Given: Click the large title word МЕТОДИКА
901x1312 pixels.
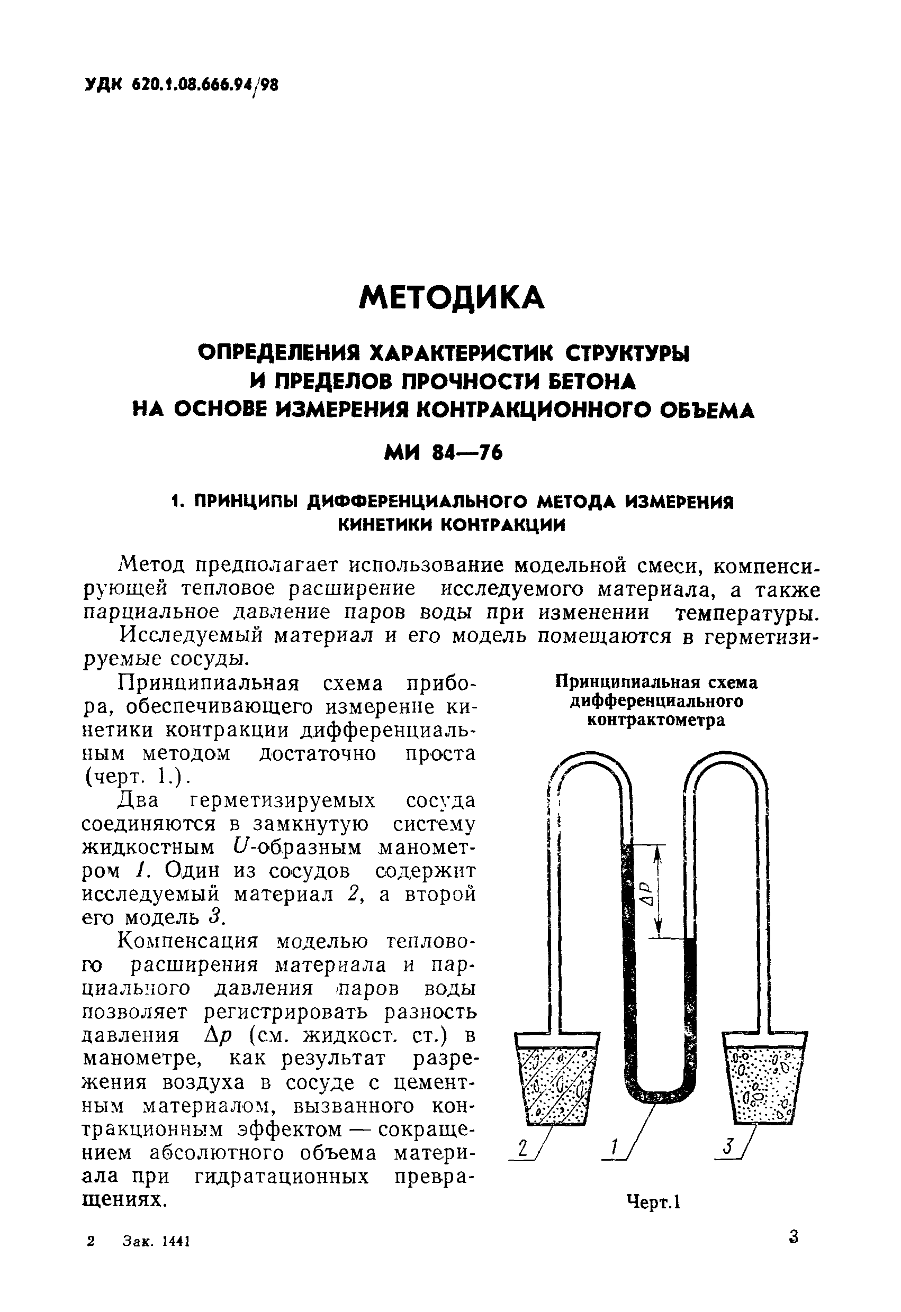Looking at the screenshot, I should (452, 297).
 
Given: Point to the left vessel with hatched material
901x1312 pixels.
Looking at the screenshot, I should (556, 1081).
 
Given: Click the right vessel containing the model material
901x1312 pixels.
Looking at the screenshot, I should (765, 1081).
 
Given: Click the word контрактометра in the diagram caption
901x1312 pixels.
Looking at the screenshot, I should (656, 721).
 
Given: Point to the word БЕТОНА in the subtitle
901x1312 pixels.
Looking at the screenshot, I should (592, 381).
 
